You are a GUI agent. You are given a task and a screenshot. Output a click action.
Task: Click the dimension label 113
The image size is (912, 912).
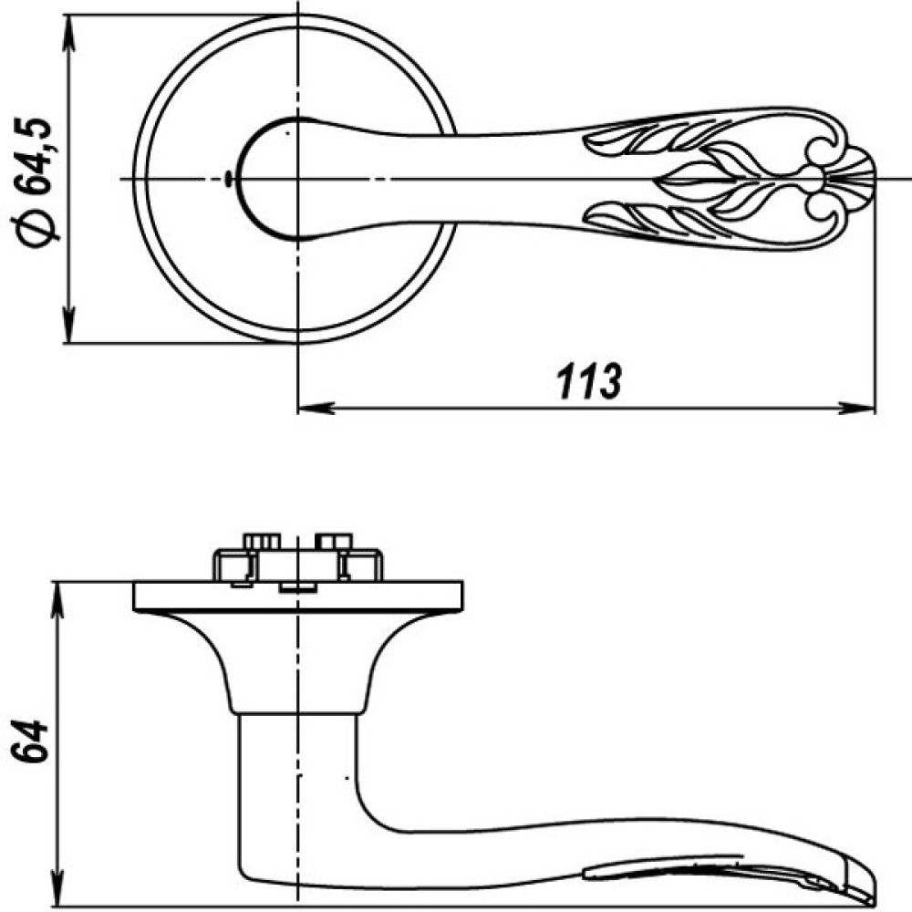(589, 381)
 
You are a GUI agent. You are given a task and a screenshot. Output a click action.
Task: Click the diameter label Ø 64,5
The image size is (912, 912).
(36, 183)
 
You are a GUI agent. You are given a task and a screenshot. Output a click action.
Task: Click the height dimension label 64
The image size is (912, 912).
(28, 741)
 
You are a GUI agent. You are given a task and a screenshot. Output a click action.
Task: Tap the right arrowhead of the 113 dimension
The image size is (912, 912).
(856, 408)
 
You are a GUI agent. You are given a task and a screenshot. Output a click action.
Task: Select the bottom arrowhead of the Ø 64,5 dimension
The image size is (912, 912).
(69, 325)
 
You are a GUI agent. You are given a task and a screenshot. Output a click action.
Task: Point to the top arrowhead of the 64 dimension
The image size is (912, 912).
(57, 600)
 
